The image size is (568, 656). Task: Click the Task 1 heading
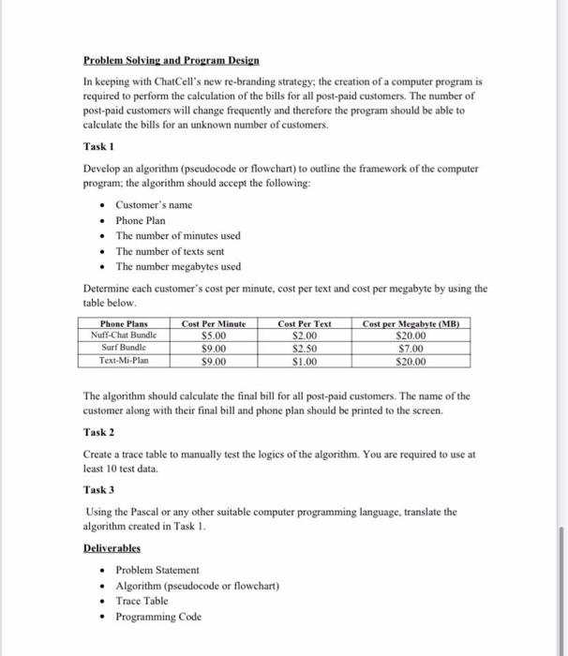point(99,146)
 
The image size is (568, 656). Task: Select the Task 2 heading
point(99,431)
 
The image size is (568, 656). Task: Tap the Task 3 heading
point(99,489)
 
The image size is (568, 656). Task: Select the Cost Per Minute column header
point(214,323)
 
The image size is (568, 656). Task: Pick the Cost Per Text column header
point(305,323)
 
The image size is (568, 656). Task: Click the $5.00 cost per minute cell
point(214,335)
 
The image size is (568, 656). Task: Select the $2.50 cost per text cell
point(305,348)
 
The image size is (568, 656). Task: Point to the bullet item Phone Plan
point(141,220)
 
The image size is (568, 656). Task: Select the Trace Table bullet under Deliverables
point(142,601)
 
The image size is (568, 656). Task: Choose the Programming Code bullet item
point(157,616)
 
